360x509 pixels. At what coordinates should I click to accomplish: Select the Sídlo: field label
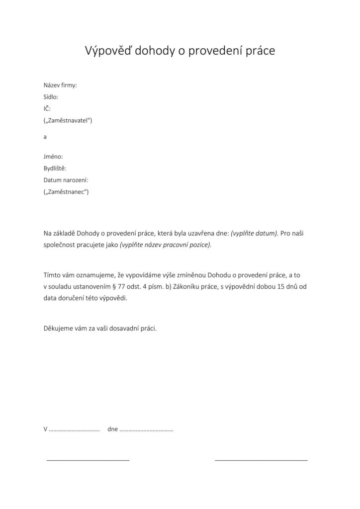pos(51,97)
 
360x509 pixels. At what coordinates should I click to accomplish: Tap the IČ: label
pos(47,108)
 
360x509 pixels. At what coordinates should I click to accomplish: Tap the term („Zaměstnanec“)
pos(66,191)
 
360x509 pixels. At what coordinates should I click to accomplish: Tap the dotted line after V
pos(75,429)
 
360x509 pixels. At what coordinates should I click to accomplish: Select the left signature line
pos(88,460)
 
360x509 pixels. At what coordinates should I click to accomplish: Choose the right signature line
pos(261,460)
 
